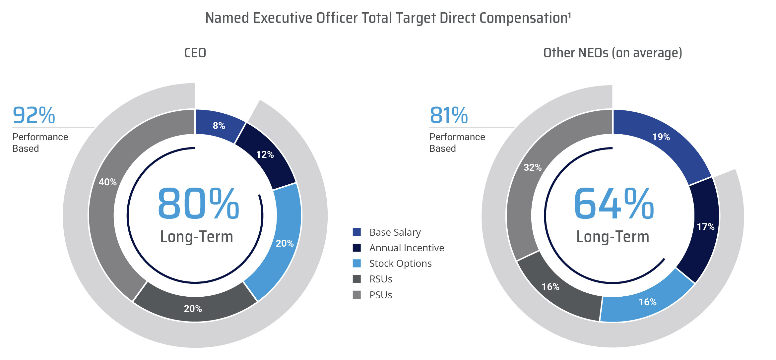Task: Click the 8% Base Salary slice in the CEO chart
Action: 219,126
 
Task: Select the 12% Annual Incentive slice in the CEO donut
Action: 265,154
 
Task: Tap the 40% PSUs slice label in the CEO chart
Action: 108,182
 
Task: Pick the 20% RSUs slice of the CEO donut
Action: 193,309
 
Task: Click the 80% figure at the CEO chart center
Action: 198,204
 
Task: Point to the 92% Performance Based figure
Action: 34,115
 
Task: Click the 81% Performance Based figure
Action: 449,115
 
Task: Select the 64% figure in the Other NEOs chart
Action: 614,204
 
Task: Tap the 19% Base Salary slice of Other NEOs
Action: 661,137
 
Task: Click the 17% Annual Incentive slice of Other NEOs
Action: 705,227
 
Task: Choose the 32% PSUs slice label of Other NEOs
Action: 533,167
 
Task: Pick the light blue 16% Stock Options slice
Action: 647,302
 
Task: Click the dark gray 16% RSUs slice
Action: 550,287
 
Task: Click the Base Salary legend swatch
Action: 357,232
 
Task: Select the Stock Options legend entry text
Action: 400,264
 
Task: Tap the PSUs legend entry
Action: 380,295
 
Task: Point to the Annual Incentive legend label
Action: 407,248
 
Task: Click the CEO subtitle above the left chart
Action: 195,53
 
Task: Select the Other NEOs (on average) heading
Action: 613,53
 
